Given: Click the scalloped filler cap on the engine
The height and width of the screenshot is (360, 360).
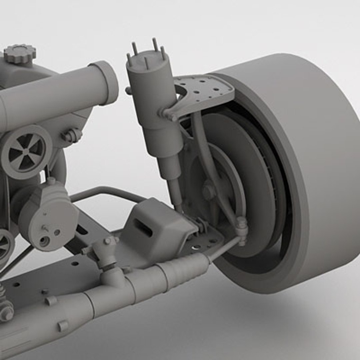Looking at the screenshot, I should point(20,54).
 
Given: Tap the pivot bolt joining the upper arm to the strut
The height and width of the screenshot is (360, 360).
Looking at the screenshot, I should point(172,117).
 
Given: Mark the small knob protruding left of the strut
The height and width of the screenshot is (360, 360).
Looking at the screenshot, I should point(129,90).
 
